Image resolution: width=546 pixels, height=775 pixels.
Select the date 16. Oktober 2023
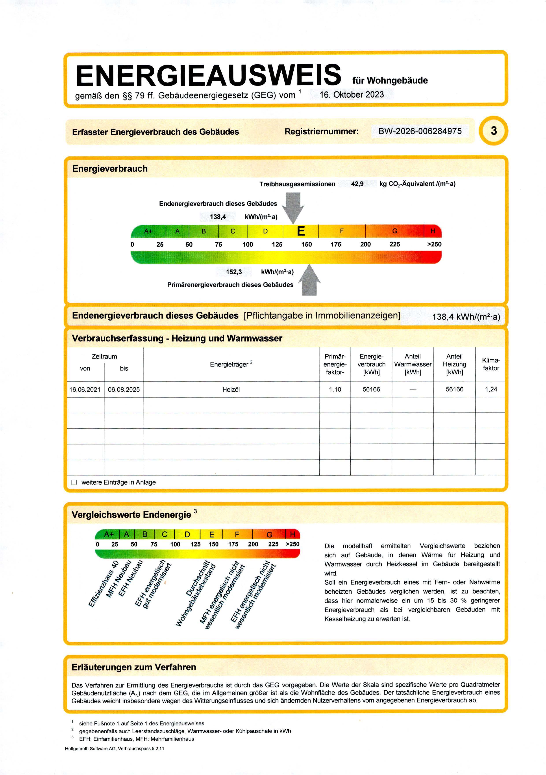[352, 95]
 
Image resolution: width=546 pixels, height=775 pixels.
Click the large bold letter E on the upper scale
[301, 231]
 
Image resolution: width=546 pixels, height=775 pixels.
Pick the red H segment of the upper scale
[433, 231]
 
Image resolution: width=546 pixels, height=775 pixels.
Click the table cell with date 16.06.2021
[85, 390]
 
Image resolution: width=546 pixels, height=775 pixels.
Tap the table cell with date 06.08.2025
[124, 390]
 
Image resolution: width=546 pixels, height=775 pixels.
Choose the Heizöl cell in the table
[231, 390]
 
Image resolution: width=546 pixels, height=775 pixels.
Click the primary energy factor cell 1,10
[335, 390]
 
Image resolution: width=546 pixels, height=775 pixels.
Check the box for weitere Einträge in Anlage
[74, 482]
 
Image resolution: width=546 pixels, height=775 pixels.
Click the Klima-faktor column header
[491, 364]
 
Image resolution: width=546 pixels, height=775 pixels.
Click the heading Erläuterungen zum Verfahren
[134, 667]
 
